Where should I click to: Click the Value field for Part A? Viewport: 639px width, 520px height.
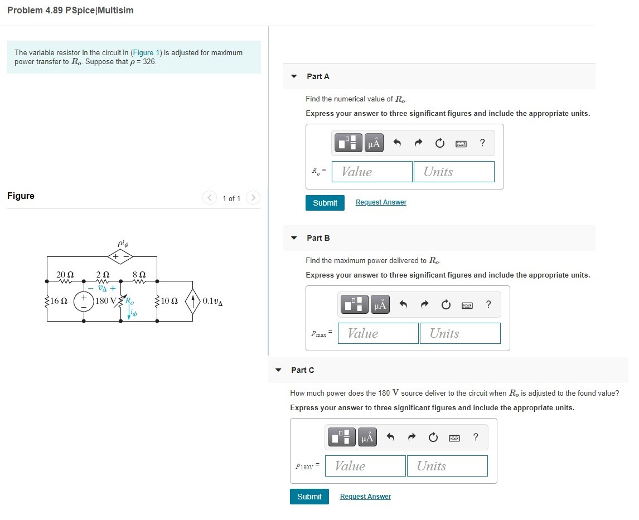click(372, 172)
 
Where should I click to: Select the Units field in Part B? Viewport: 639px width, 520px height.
click(459, 333)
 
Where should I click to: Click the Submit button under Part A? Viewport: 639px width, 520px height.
click(325, 203)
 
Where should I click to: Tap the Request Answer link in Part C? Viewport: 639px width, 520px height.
click(365, 497)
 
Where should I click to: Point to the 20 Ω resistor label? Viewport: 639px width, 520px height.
click(65, 274)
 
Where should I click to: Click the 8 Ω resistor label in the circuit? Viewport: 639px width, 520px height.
click(139, 274)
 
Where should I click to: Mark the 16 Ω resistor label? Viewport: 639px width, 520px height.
click(59, 301)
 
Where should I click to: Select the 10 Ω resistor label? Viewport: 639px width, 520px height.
click(169, 301)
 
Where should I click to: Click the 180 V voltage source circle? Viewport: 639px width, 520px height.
click(84, 301)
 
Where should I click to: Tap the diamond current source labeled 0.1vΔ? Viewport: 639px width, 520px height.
click(193, 301)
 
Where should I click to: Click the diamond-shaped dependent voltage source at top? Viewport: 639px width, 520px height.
click(120, 256)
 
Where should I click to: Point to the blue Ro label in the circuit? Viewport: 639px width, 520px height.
click(129, 301)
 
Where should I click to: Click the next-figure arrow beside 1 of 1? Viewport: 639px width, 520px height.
click(253, 198)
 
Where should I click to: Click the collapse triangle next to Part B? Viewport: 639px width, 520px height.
click(294, 238)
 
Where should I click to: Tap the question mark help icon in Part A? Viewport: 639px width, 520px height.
click(482, 143)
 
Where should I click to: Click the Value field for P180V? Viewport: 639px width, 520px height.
click(365, 466)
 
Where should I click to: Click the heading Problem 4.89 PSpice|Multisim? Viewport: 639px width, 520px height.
click(70, 11)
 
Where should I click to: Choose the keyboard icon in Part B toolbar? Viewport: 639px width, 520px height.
click(467, 304)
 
